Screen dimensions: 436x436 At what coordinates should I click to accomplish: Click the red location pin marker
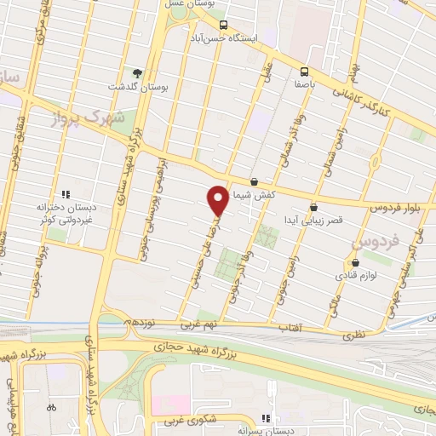218,201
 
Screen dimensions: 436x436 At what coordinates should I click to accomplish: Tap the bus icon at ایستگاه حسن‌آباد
223,25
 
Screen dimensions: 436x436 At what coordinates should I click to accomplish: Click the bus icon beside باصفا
305,72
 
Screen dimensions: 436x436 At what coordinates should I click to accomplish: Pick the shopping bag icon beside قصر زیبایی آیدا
314,206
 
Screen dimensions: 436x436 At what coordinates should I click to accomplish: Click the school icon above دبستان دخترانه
64,192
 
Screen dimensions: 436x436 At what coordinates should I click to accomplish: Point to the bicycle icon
51,407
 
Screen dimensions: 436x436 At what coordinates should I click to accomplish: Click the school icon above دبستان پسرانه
265,417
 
